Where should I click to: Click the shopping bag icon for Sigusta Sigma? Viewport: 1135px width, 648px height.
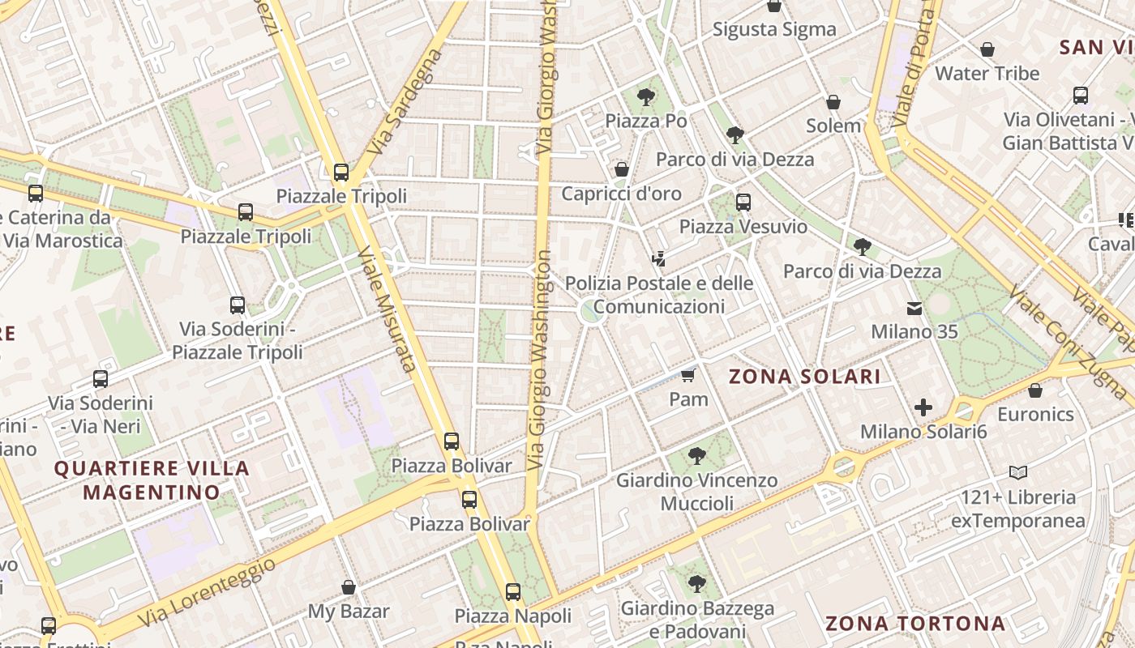pyautogui.click(x=774, y=6)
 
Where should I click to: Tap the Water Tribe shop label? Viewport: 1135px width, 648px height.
pyautogui.click(x=987, y=74)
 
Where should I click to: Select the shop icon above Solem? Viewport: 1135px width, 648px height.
pyautogui.click(x=833, y=103)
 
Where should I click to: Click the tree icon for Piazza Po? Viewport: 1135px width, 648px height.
pyautogui.click(x=646, y=98)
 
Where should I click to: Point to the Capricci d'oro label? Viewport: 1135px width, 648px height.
pyautogui.click(x=621, y=194)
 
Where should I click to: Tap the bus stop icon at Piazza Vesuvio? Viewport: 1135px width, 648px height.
pyautogui.click(x=743, y=202)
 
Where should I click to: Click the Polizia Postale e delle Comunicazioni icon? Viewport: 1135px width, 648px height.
pyautogui.click(x=659, y=260)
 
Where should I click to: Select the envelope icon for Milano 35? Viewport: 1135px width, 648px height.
pyautogui.click(x=914, y=309)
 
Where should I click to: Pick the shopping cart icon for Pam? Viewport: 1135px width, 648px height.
pyautogui.click(x=688, y=375)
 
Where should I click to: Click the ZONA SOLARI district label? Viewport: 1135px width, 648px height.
pyautogui.click(x=804, y=377)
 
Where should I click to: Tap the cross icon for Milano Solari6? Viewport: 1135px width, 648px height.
pyautogui.click(x=923, y=407)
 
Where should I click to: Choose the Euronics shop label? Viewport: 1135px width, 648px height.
pyautogui.click(x=1035, y=415)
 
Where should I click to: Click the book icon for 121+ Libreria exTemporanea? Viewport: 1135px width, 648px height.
pyautogui.click(x=1018, y=472)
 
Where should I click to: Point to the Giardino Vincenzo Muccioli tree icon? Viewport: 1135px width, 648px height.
pyautogui.click(x=696, y=456)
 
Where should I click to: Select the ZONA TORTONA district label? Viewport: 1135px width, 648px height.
pyautogui.click(x=915, y=624)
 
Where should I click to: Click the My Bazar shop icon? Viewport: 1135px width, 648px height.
pyautogui.click(x=349, y=587)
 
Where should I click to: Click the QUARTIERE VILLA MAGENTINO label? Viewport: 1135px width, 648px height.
pyautogui.click(x=152, y=480)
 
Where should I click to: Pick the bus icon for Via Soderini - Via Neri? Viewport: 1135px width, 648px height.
pyautogui.click(x=101, y=379)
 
